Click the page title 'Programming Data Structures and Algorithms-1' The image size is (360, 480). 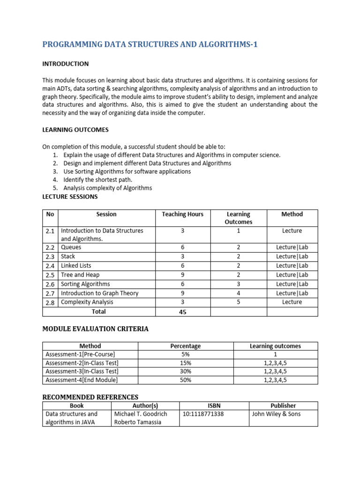coord(150,45)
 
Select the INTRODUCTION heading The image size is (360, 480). coord(66,64)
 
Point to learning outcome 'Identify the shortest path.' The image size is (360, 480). coord(98,180)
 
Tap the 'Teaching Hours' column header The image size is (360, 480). coord(182,214)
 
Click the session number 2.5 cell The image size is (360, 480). coord(50,275)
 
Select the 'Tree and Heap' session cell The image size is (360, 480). coord(80,275)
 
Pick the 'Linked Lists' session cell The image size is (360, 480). coord(76,266)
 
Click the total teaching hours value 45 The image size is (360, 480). coord(182,312)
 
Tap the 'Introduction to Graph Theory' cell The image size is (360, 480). coord(99,293)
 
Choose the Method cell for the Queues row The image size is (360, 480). coord(292,247)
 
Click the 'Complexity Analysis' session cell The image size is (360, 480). coord(87,302)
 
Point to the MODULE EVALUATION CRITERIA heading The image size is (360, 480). coord(95,329)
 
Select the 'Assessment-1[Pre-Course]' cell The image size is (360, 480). coord(80,354)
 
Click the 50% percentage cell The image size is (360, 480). coord(186,380)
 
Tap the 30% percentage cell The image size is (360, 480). coord(186,371)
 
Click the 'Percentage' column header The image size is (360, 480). coord(186,346)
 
